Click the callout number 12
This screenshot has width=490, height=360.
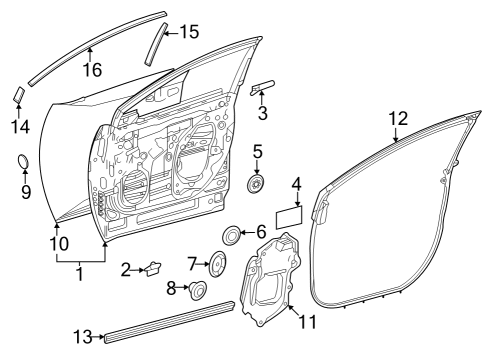(x=397, y=119)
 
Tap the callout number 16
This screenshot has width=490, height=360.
(x=91, y=69)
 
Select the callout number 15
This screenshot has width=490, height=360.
(x=189, y=32)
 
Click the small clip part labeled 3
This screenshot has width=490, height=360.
(x=262, y=88)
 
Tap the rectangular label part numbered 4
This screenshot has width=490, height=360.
(x=289, y=214)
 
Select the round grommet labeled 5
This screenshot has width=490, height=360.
(x=258, y=184)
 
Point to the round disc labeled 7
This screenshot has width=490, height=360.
(x=213, y=265)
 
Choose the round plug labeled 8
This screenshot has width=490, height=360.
(x=197, y=291)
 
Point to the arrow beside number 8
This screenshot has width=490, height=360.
(x=184, y=290)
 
